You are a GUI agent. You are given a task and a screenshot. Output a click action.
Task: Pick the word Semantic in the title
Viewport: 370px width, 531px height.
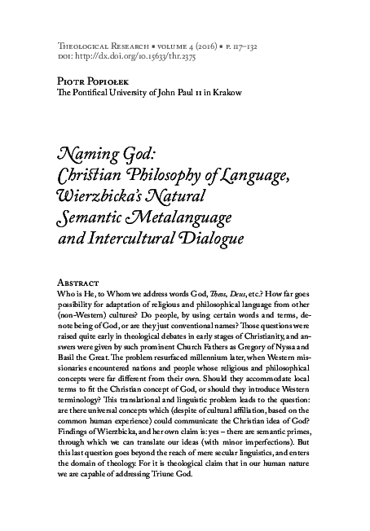pos(95,217)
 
